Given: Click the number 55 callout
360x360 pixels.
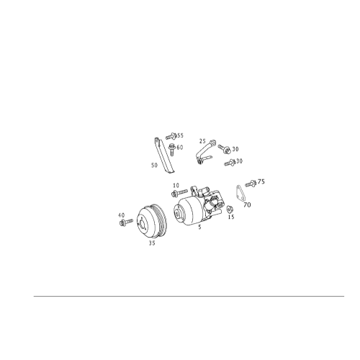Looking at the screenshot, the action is (x=180, y=135).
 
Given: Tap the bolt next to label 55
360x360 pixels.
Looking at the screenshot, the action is (x=171, y=136).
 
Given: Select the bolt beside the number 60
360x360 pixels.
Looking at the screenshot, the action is (x=171, y=150).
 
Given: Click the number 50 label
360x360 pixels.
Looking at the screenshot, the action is (x=154, y=166).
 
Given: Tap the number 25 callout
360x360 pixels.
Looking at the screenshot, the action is (x=202, y=141).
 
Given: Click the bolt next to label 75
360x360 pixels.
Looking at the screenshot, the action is (x=251, y=184).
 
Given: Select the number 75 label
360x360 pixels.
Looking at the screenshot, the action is (x=261, y=181).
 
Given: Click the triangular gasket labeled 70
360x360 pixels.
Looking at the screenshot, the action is (x=241, y=192).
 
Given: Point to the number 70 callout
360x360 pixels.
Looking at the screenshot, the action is (x=247, y=205).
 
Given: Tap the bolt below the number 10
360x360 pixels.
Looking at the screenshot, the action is (x=179, y=193).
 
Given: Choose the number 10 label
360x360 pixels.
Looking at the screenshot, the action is (x=176, y=186).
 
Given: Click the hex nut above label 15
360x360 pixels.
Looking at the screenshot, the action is (x=229, y=209).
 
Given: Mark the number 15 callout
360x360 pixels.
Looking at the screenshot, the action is (x=231, y=217).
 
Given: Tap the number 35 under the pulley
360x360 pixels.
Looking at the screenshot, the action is (x=152, y=243).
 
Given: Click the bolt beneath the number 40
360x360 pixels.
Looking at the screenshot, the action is (x=126, y=222).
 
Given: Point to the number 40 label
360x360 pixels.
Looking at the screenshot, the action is (x=122, y=215).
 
